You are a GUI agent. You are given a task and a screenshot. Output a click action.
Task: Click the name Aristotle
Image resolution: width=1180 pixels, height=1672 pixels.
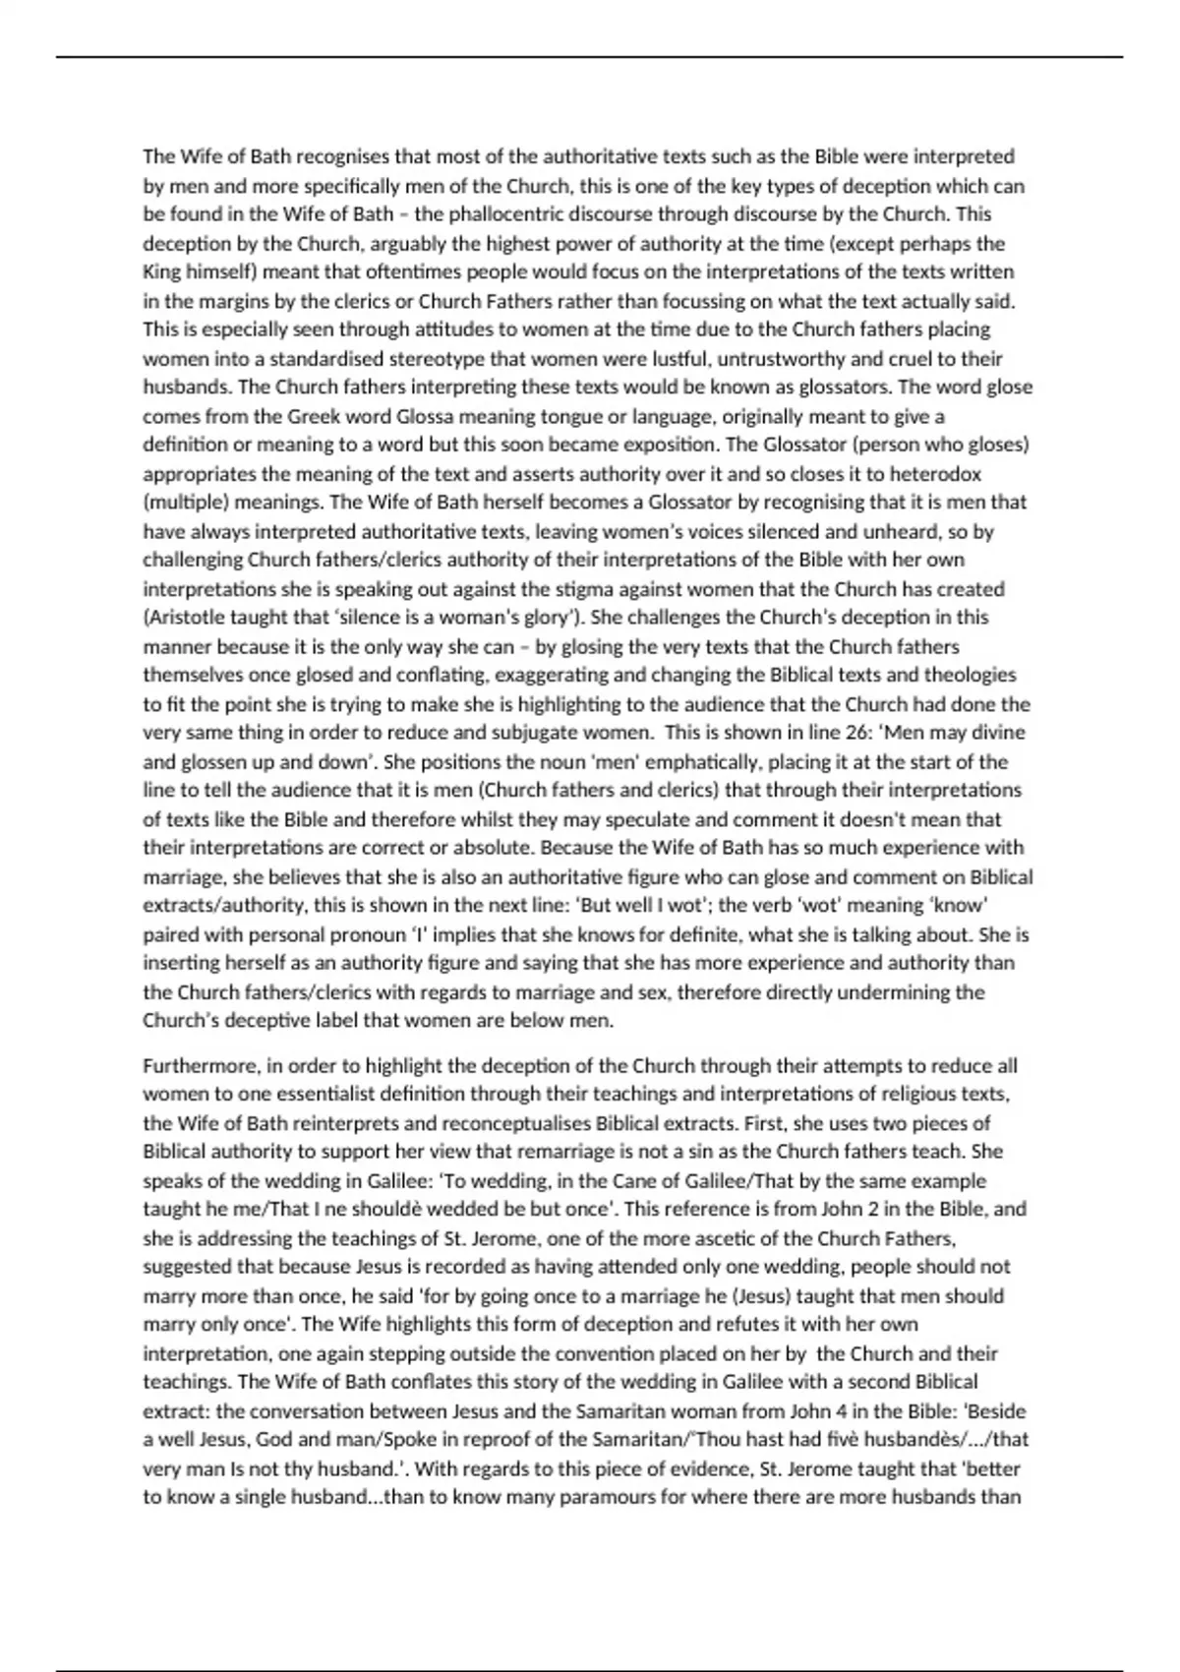point(189,618)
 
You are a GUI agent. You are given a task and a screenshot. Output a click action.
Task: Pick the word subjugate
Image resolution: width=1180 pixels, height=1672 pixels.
point(545,733)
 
